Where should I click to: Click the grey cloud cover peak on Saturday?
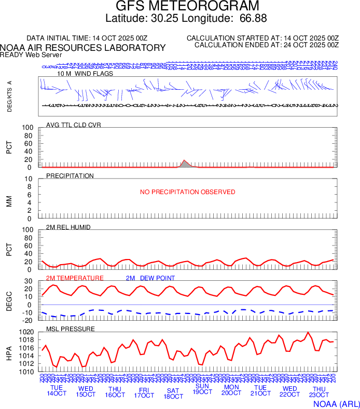pos(185,163)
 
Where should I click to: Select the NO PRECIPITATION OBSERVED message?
pos(187,192)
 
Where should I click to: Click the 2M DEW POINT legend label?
pos(150,278)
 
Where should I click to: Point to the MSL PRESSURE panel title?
pos(71,329)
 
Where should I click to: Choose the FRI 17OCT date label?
pos(144,392)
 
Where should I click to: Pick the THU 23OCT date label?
pos(319,392)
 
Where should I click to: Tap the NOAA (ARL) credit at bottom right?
pos(336,403)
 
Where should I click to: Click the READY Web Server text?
pos(31,54)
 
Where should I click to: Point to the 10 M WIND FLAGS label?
pos(85,74)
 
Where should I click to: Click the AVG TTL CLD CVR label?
pos(74,125)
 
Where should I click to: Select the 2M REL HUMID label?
pos(69,227)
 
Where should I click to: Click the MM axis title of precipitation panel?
pos(9,198)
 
